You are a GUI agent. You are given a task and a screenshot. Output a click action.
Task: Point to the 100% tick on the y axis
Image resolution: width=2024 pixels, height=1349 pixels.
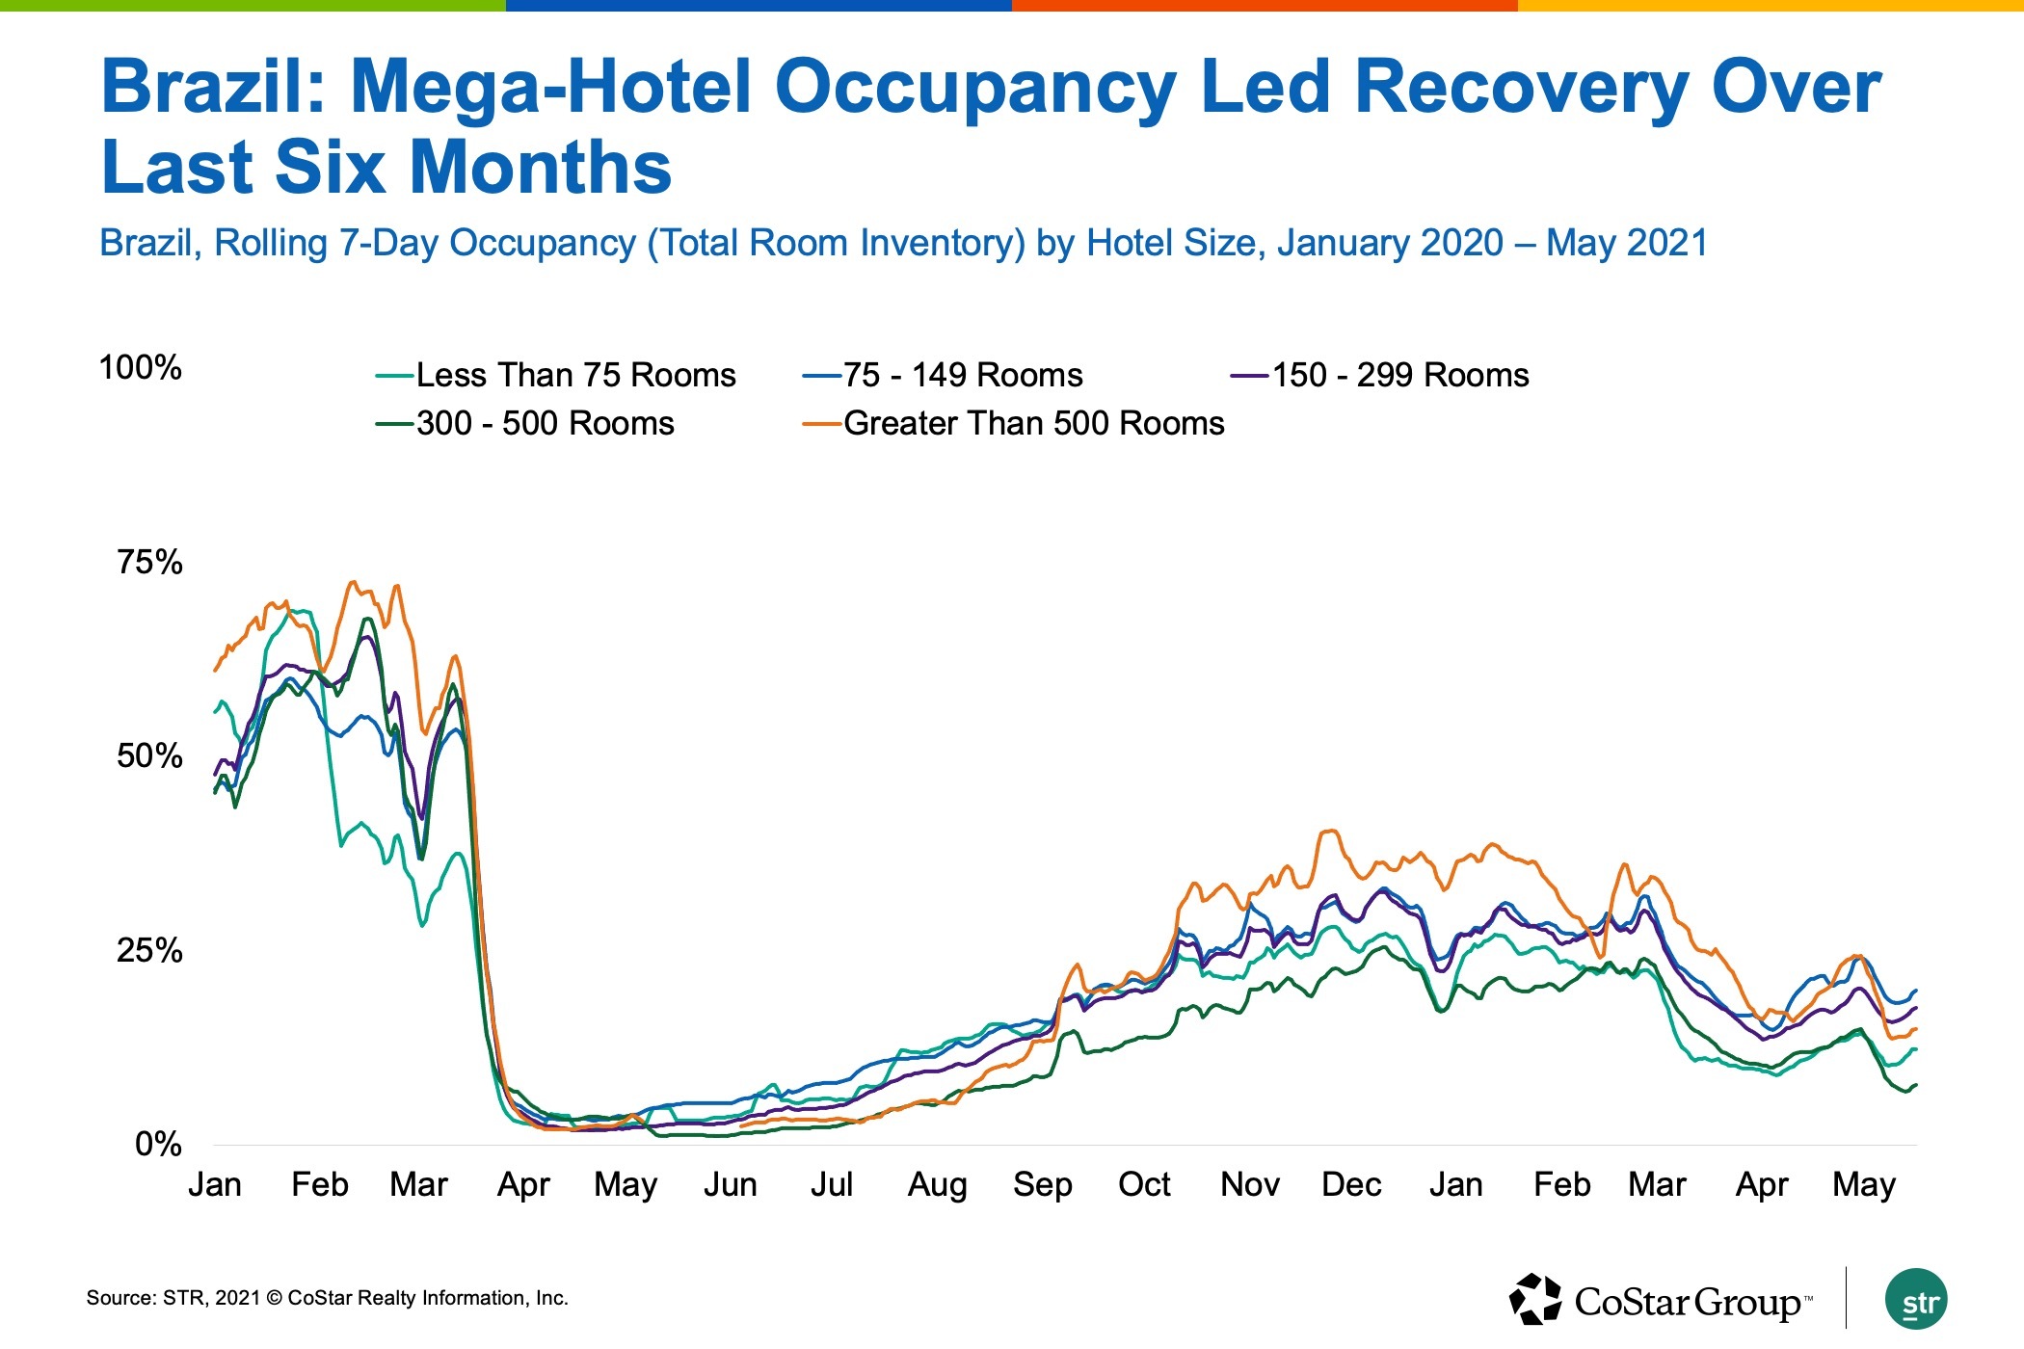click(x=141, y=367)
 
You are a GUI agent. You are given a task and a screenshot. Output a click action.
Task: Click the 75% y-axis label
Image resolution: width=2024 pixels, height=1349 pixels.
click(x=149, y=562)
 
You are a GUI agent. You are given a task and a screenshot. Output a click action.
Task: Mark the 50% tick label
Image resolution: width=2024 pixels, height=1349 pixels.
click(x=149, y=755)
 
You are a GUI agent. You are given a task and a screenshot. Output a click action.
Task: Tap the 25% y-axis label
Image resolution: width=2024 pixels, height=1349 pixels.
click(x=149, y=950)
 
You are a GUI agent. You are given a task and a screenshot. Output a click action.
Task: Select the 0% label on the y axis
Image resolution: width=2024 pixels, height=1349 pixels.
click(x=158, y=1144)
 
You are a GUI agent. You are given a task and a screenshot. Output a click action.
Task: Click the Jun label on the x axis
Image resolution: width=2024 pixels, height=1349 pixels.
click(x=730, y=1184)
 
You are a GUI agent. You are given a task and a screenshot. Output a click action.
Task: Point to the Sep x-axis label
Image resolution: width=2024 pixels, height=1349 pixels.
click(x=1042, y=1184)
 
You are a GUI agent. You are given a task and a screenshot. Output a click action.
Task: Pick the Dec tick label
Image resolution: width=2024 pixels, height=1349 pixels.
click(x=1351, y=1184)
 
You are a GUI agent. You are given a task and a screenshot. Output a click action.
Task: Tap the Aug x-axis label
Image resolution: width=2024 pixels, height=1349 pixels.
click(x=937, y=1184)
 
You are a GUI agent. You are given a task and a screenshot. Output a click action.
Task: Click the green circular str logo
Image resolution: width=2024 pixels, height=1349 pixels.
click(x=1916, y=1299)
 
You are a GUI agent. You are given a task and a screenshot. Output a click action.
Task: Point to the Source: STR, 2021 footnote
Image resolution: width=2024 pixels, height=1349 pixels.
click(x=327, y=1298)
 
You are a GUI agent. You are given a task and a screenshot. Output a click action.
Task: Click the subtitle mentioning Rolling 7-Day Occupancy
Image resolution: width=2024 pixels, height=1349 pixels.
click(x=903, y=243)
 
